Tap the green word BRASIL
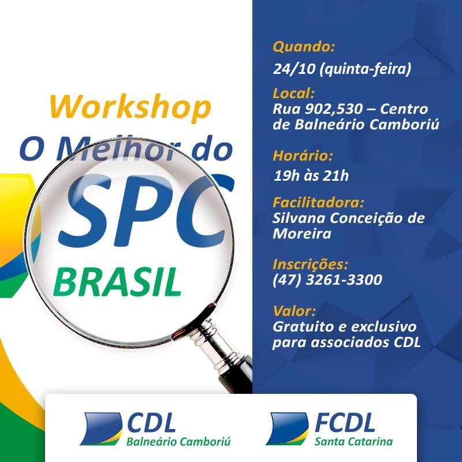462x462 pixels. click(x=117, y=282)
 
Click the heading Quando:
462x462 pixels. click(x=304, y=47)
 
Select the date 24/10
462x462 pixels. click(x=294, y=69)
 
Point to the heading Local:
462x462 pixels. click(x=293, y=93)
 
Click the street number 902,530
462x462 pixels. click(x=334, y=109)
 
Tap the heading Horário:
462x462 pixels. click(x=303, y=155)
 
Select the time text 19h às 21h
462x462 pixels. click(x=311, y=176)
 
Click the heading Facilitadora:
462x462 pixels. click(x=318, y=203)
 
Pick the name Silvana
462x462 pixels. click(x=299, y=218)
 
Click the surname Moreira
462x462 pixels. click(x=302, y=234)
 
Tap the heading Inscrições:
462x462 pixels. click(x=310, y=264)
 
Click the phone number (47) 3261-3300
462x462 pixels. click(x=327, y=280)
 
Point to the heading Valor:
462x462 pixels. click(x=294, y=311)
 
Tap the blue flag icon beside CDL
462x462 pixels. click(x=101, y=429)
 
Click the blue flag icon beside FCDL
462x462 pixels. click(x=287, y=429)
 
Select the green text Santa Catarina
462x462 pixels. click(x=353, y=441)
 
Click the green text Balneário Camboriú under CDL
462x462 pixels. click(x=178, y=442)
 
